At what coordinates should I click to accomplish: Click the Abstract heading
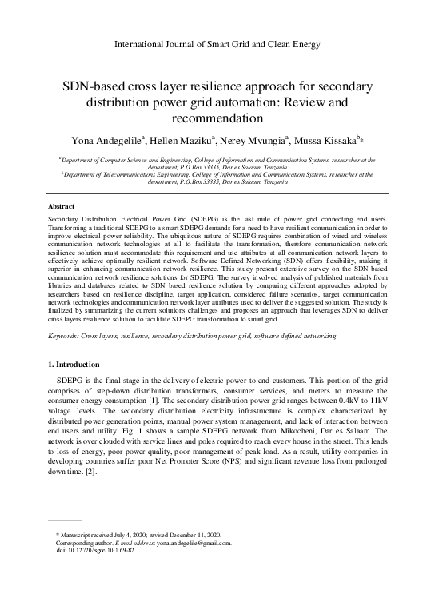[x=62, y=206]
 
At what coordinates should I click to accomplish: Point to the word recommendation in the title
[x=217, y=119]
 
